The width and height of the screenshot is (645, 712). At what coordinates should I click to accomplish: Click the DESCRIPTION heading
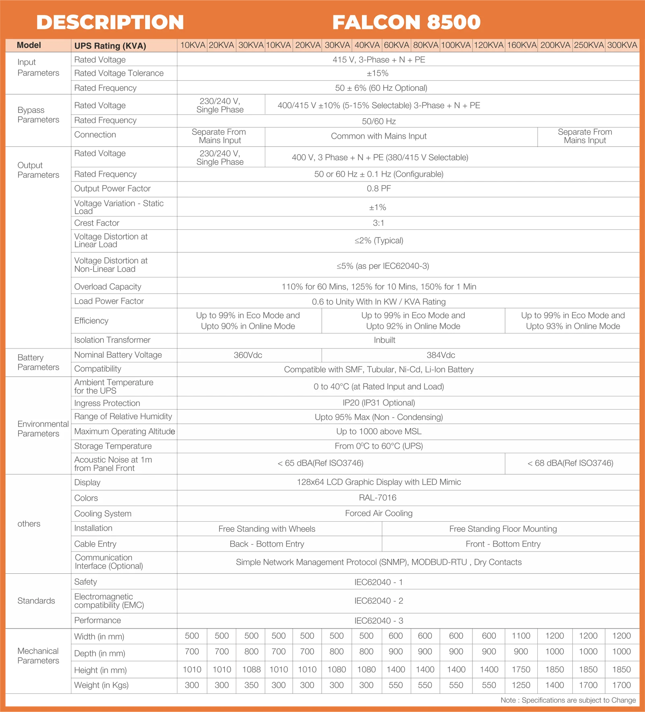[110, 22]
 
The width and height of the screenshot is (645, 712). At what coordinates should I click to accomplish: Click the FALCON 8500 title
[406, 22]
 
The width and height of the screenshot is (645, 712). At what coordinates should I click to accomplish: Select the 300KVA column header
[622, 45]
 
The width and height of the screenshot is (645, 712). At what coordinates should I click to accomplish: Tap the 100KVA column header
[456, 45]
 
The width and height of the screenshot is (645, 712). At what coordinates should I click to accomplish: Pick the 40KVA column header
[367, 45]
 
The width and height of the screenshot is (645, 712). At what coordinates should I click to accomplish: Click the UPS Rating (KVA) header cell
[110, 46]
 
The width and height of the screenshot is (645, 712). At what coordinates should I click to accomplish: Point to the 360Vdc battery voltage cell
[248, 355]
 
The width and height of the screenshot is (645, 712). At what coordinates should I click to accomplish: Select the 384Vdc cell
[441, 355]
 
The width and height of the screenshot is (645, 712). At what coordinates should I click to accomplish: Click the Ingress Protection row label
[107, 403]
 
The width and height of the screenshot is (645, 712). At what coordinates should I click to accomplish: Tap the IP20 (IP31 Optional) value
[379, 403]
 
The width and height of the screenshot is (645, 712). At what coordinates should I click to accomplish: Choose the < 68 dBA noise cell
[570, 463]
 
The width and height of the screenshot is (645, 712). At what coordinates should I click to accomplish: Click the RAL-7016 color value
[378, 498]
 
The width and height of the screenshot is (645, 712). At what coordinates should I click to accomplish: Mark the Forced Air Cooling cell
[379, 513]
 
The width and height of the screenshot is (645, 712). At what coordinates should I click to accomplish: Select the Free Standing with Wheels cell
[267, 529]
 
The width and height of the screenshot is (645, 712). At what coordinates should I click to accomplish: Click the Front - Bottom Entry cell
[503, 544]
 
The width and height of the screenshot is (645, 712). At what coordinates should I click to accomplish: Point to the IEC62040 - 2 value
[379, 601]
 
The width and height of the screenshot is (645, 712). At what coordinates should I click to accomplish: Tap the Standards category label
[36, 601]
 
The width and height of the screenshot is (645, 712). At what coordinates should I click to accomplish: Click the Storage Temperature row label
[113, 446]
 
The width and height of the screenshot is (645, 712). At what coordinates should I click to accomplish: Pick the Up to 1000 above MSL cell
[379, 431]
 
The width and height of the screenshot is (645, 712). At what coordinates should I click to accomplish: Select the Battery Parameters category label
[38, 362]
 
